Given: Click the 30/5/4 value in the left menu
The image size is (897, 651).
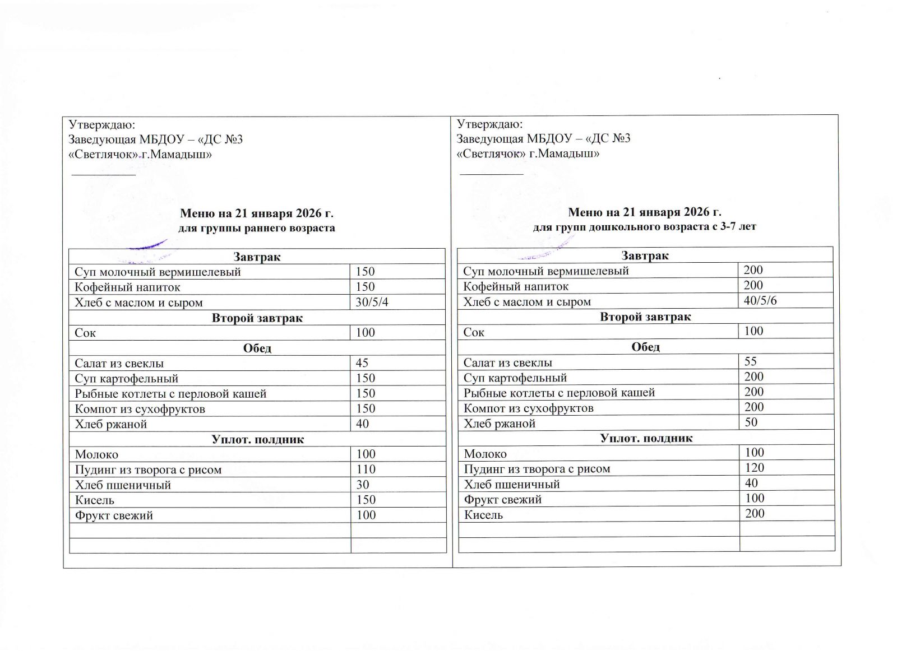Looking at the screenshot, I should [x=372, y=303].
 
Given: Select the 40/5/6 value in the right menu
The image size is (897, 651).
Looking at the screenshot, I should [x=760, y=300].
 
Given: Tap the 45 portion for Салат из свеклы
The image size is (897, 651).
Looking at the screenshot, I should [x=362, y=363].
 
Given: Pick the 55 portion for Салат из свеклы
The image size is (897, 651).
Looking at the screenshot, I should [x=751, y=361].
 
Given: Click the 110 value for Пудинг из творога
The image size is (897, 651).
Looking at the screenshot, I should [x=366, y=469].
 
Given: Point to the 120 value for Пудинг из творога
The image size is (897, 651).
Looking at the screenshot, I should [x=754, y=468].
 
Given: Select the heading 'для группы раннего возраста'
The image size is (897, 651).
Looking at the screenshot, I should [x=257, y=228].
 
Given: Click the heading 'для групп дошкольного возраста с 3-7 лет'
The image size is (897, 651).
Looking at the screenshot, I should [x=644, y=227].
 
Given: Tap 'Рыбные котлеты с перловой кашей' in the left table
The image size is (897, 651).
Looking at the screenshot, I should [x=170, y=394].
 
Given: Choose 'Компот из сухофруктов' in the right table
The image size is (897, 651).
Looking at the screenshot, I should [x=528, y=408].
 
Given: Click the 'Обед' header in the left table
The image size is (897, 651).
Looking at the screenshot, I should [x=257, y=348].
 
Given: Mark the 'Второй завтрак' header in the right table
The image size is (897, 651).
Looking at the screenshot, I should [x=645, y=317].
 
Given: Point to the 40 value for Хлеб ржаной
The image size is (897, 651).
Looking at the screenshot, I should [x=362, y=424].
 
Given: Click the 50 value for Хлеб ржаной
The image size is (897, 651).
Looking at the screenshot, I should [x=751, y=422].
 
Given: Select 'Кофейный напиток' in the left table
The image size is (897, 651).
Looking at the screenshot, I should [x=128, y=287].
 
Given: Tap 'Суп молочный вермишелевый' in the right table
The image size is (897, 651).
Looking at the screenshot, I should [x=546, y=271].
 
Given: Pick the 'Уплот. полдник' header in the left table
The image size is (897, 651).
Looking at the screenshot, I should [x=257, y=439].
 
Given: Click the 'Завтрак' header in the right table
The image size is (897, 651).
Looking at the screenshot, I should [x=645, y=256].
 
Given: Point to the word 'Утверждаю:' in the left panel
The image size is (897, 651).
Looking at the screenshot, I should [x=102, y=125].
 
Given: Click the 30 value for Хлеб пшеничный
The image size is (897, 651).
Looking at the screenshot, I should [x=362, y=485].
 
